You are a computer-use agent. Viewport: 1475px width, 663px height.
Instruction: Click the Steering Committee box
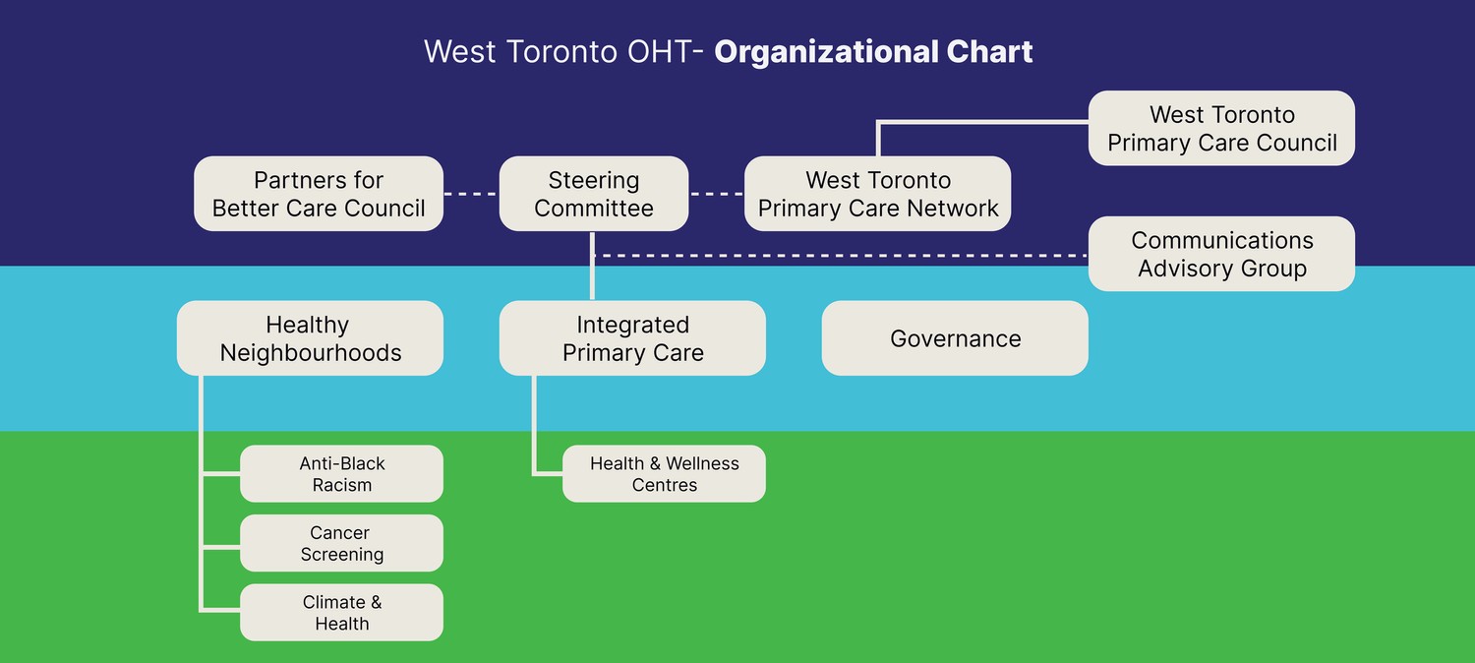click(593, 194)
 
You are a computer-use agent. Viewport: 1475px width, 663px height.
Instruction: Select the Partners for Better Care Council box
click(319, 194)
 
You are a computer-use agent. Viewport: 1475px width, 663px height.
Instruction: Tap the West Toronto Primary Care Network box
click(877, 194)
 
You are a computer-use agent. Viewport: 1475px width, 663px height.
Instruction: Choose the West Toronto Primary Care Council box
click(1221, 128)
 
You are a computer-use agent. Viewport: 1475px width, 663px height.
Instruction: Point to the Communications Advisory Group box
click(1221, 254)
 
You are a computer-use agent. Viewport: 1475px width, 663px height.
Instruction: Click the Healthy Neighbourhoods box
click(310, 338)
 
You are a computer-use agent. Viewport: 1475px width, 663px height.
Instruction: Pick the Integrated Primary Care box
click(632, 338)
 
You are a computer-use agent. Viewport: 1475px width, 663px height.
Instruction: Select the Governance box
click(955, 338)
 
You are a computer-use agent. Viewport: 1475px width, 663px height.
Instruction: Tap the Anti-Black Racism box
click(341, 474)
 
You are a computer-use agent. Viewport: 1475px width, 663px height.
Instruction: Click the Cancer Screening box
click(341, 543)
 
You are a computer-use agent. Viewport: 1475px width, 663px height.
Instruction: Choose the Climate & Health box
click(341, 613)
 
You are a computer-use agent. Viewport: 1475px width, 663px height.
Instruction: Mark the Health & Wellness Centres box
click(664, 474)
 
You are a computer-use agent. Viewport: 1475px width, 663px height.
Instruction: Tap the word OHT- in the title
click(664, 52)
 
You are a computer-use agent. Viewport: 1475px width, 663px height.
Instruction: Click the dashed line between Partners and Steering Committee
click(471, 194)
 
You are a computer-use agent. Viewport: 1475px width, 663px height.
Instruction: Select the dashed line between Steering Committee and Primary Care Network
click(717, 194)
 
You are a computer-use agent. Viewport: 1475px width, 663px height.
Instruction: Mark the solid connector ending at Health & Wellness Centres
click(535, 433)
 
